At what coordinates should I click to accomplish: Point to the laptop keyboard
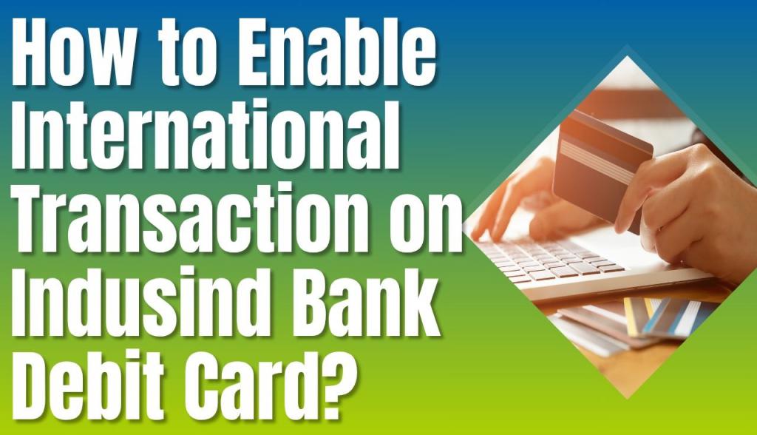[547, 263]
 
